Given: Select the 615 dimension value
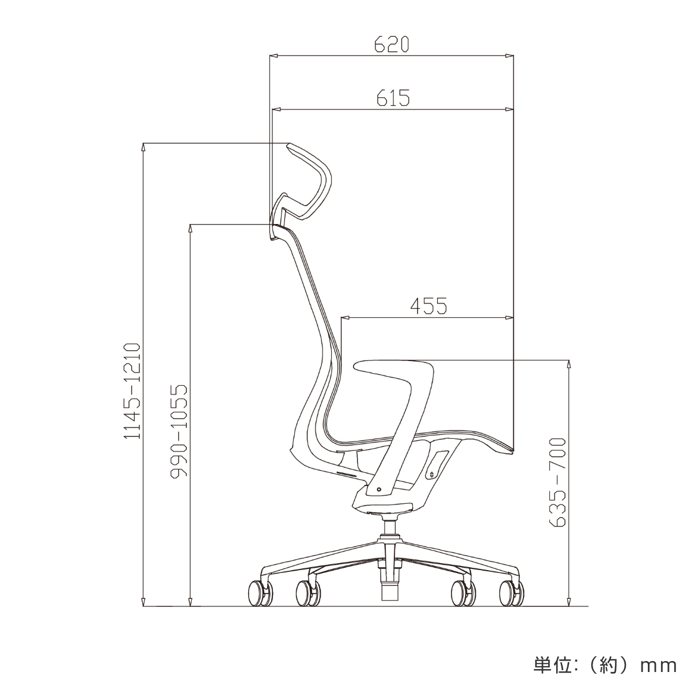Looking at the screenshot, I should pyautogui.click(x=393, y=98).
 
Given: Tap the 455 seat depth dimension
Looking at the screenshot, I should pyautogui.click(x=428, y=306).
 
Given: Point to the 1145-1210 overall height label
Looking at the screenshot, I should pyautogui.click(x=132, y=391).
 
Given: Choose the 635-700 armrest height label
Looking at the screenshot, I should pyautogui.click(x=557, y=483).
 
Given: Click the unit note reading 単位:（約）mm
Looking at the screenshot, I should pyautogui.click(x=603, y=666).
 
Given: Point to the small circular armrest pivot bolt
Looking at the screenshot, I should pyautogui.click(x=378, y=489).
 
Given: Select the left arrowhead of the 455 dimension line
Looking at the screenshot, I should pyautogui.click(x=345, y=317).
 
